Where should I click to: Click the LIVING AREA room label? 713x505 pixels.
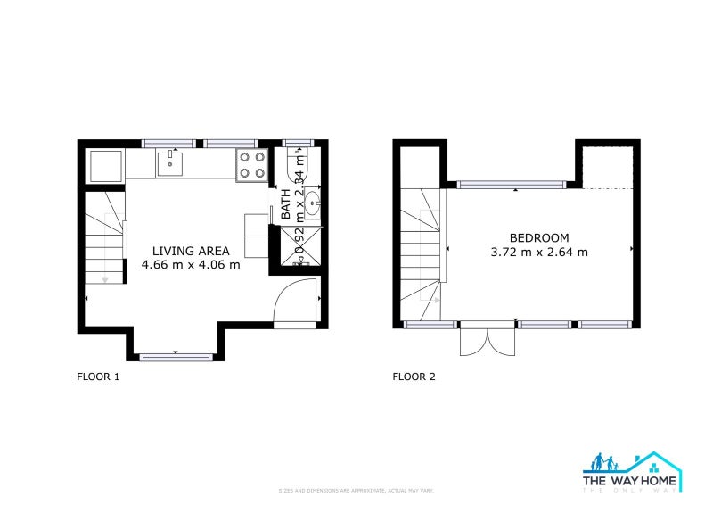click(191, 251)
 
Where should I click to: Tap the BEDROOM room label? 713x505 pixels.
click(538, 237)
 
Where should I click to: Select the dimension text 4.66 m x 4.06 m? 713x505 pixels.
click(191, 265)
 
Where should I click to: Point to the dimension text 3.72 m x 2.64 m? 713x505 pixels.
click(539, 252)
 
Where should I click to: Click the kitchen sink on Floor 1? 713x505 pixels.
click(169, 163)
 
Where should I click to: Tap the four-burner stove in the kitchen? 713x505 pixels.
click(252, 164)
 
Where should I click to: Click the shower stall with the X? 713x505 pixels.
click(301, 246)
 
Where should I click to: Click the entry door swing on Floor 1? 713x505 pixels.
click(294, 303)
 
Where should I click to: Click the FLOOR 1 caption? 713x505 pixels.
click(98, 377)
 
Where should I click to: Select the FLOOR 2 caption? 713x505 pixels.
click(414, 377)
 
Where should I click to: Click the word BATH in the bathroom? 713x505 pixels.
click(286, 204)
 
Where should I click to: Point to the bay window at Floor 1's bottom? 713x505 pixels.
click(176, 357)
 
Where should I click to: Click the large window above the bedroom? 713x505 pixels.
click(511, 185)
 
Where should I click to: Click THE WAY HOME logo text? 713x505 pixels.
click(629, 480)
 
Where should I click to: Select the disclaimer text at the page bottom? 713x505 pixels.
click(356, 491)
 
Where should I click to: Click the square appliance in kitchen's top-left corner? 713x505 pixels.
click(105, 164)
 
